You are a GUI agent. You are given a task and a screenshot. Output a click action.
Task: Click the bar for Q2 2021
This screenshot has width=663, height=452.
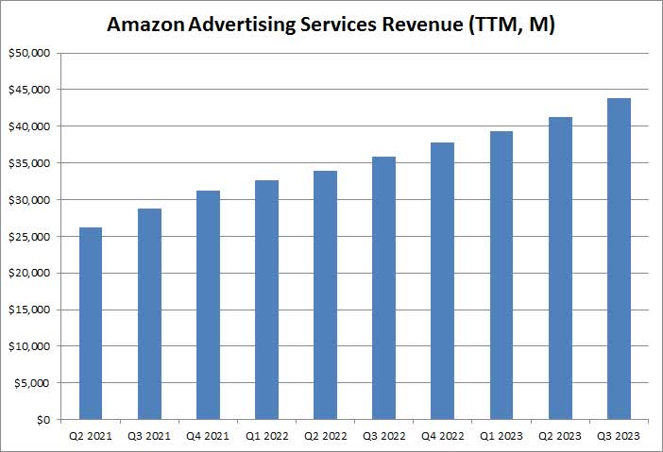pos(91,323)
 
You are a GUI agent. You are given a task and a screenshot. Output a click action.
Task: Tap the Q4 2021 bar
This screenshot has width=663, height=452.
pos(208,305)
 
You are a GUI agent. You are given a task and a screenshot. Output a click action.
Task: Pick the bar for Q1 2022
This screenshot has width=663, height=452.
pos(266,299)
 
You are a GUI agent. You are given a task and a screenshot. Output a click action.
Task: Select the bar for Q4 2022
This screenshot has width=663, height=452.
pos(442,280)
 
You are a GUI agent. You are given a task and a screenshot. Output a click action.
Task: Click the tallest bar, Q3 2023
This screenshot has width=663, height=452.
pos(618,259)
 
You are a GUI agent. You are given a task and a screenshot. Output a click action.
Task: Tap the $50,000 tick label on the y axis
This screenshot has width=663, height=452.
pos(30,53)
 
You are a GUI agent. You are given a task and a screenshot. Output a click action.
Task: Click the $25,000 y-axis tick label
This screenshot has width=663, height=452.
pos(30,236)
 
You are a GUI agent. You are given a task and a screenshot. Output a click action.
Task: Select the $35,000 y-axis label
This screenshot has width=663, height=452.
pos(30,163)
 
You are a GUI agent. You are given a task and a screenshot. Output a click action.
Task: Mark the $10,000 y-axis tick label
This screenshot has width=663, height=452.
pos(30,346)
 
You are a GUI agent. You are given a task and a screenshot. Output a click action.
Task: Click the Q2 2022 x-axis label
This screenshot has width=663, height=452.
pos(325,436)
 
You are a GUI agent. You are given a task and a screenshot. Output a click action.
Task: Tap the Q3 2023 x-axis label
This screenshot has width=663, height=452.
pos(618,436)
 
